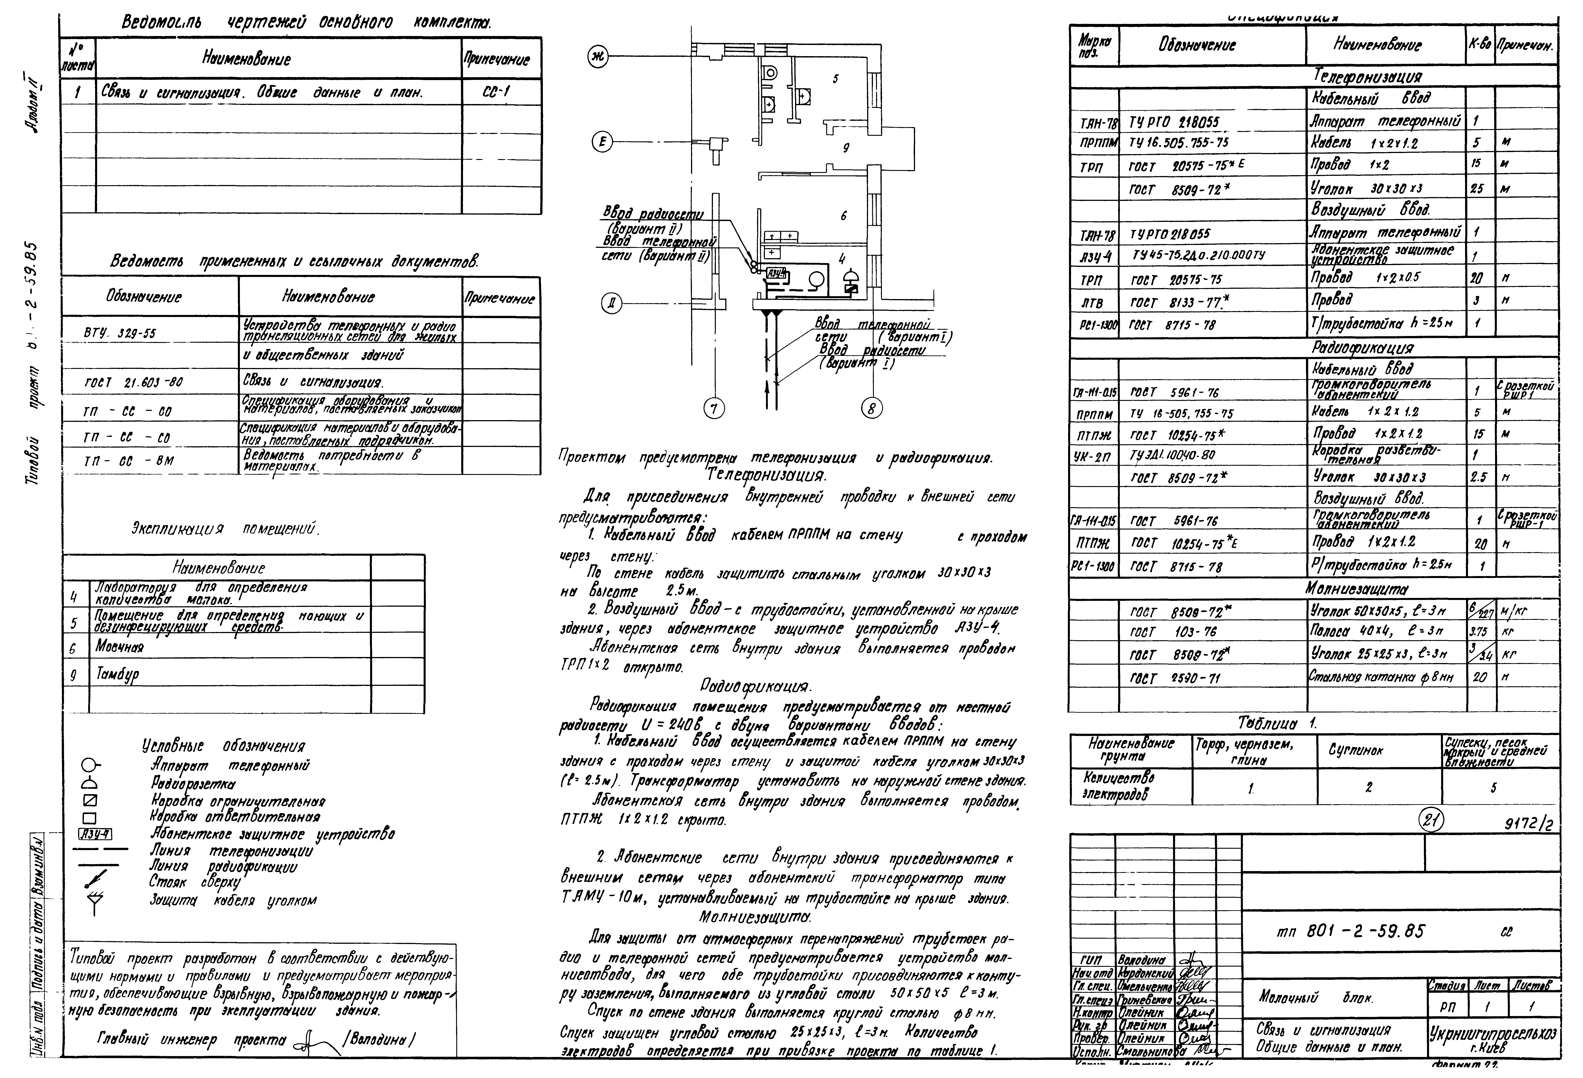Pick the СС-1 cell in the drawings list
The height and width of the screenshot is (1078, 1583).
501,92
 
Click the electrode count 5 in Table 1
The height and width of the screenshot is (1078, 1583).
1493,788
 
